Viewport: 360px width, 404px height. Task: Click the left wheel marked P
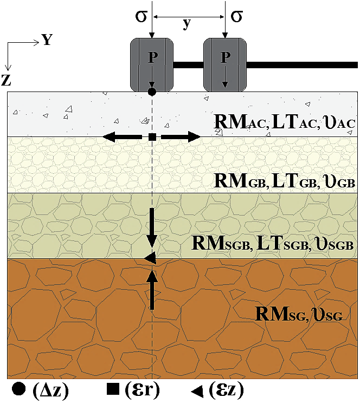(x=152, y=65)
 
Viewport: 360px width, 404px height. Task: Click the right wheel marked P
(x=225, y=65)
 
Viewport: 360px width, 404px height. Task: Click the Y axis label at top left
(x=47, y=41)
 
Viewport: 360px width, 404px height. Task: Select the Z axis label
(x=7, y=80)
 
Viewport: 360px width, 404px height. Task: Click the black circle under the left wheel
(x=152, y=92)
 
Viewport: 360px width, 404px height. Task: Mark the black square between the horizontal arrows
(x=152, y=137)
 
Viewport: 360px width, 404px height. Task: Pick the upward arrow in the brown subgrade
(x=152, y=290)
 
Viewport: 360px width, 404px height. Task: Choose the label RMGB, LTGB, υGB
(x=285, y=181)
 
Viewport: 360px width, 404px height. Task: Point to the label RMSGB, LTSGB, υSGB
(x=273, y=242)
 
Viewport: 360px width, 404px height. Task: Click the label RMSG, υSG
(x=299, y=314)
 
